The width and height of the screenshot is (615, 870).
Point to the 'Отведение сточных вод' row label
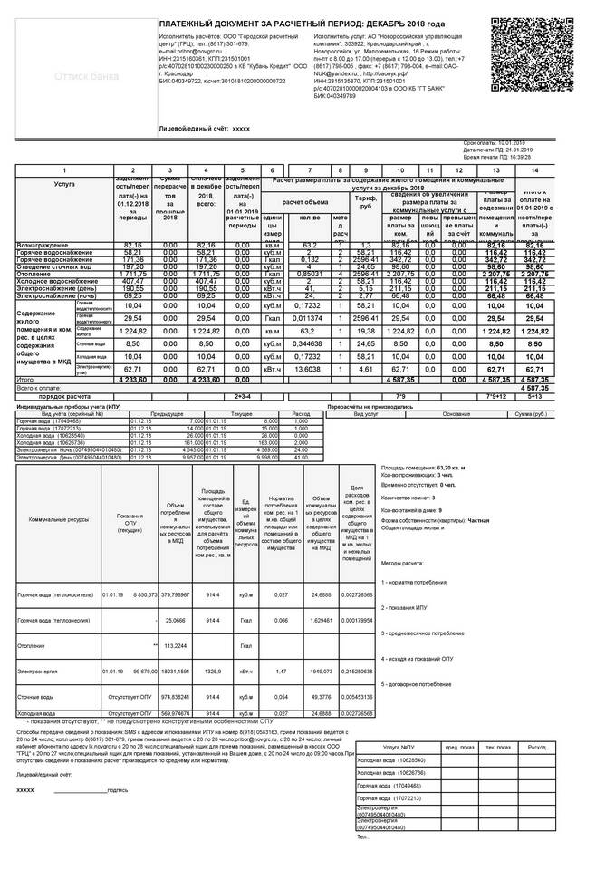pos(53,266)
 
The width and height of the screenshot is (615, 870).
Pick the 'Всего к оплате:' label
pos(36,388)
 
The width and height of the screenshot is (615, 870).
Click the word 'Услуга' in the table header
pos(64,183)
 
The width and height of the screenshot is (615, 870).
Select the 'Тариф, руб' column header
pos(366,201)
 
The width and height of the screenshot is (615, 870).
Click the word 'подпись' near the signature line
pos(117,790)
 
